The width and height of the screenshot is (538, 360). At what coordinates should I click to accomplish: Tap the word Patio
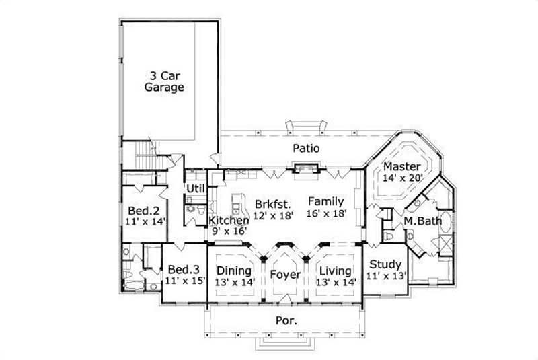click(x=305, y=148)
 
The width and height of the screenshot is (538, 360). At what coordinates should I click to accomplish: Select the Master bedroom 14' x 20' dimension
click(x=401, y=178)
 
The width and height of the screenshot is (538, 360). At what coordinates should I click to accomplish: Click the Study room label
click(x=386, y=264)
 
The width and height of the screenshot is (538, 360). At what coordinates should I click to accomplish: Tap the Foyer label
click(x=285, y=274)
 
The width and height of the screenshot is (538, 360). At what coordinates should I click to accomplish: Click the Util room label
click(x=196, y=188)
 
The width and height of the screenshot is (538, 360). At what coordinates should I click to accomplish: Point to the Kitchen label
click(x=229, y=220)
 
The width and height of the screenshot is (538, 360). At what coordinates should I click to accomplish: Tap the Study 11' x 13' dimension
click(x=386, y=275)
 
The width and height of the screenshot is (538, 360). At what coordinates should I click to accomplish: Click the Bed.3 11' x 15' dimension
click(x=186, y=281)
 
